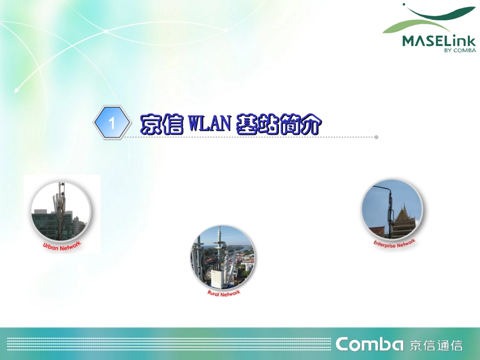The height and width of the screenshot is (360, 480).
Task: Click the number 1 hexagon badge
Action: [112, 123]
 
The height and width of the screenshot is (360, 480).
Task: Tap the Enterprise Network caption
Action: [394, 243]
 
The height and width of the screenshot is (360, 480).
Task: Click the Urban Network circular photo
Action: [61, 212]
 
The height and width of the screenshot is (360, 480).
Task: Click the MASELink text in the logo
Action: [439, 41]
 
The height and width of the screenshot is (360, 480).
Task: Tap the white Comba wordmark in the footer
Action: [369, 344]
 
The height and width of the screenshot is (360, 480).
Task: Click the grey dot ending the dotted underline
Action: [376, 137]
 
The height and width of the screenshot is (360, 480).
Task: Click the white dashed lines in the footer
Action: [167, 344]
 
